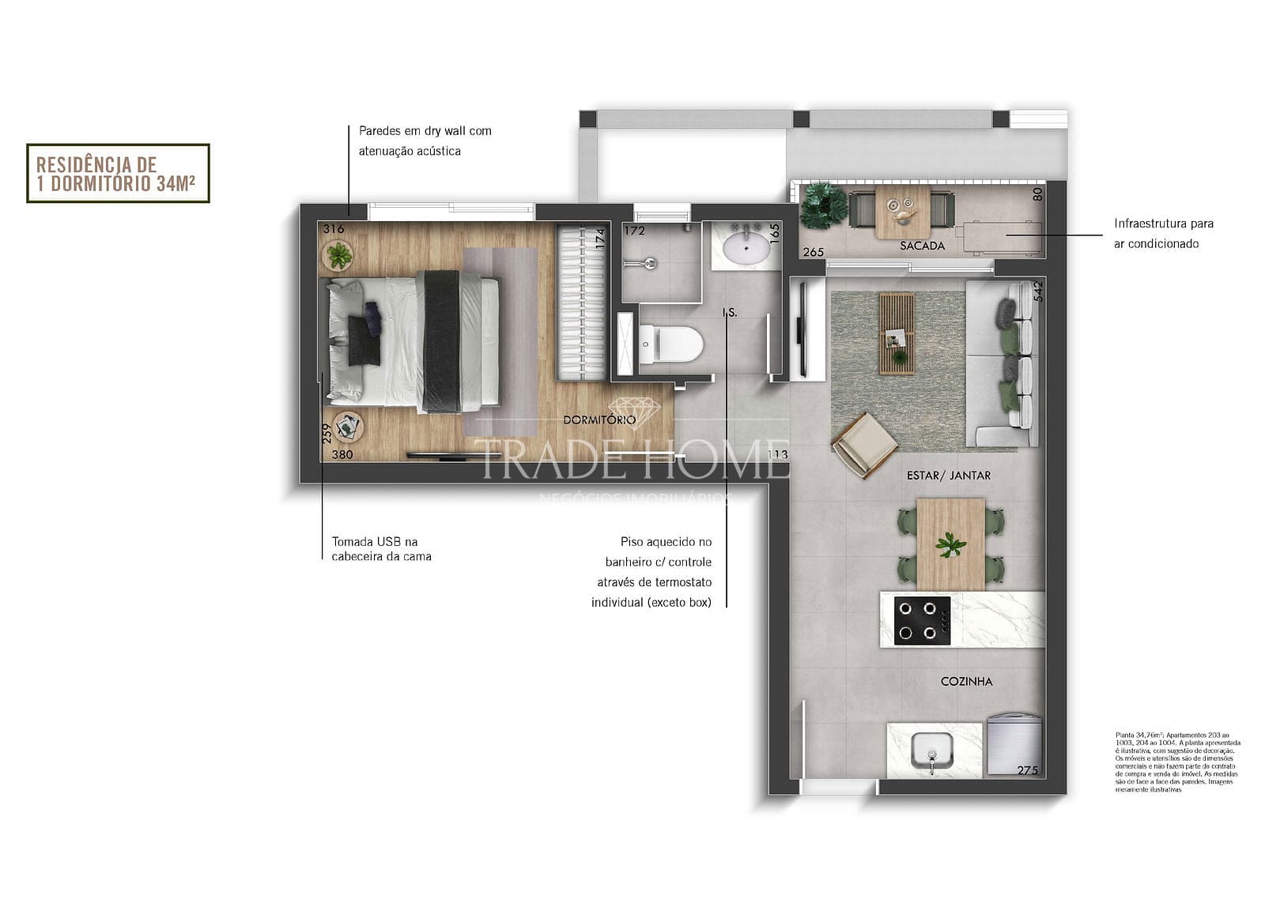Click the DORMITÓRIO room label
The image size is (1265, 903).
point(599,420)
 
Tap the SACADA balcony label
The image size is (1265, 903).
point(922,246)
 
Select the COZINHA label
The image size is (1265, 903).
point(966,681)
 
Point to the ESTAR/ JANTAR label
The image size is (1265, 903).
point(948,476)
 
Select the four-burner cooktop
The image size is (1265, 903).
point(922,621)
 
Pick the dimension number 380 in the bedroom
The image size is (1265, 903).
point(342,454)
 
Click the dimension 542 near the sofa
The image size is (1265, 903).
point(1038,291)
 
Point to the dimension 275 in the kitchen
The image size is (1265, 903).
point(1027,770)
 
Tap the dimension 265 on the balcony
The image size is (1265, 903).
point(814,253)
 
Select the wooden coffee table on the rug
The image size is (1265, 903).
point(897,333)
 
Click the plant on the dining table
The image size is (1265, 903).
point(950,544)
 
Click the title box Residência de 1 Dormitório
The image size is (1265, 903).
point(118,174)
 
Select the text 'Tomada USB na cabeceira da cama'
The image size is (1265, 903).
point(381,549)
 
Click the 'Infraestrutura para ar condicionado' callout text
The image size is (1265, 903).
point(1163,234)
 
